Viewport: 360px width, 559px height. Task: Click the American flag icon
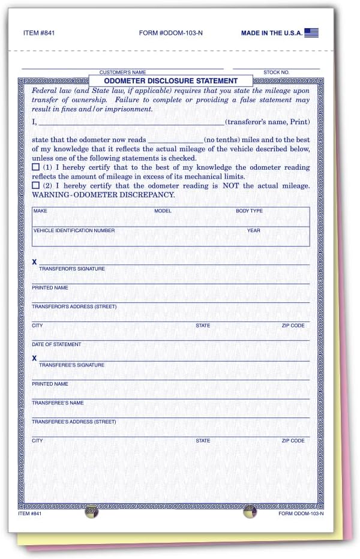(311, 32)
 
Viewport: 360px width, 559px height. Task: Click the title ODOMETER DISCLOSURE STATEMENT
(171, 80)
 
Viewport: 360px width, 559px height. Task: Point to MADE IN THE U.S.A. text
(271, 33)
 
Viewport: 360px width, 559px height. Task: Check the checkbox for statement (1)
(36, 167)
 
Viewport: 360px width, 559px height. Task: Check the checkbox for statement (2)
(36, 186)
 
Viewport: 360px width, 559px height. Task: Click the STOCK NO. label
(276, 72)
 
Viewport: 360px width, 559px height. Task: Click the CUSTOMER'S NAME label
(122, 72)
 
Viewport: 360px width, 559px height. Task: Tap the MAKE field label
(40, 211)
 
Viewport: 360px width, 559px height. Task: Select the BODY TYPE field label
(249, 211)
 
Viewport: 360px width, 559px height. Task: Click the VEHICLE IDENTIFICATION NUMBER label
(74, 230)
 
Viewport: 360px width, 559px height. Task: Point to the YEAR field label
(253, 230)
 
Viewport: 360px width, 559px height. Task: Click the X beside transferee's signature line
(34, 358)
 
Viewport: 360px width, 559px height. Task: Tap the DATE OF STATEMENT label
(56, 344)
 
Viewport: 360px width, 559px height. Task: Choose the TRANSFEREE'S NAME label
(58, 403)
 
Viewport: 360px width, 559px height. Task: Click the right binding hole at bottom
(250, 512)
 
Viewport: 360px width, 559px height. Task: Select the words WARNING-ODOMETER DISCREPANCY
(103, 195)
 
